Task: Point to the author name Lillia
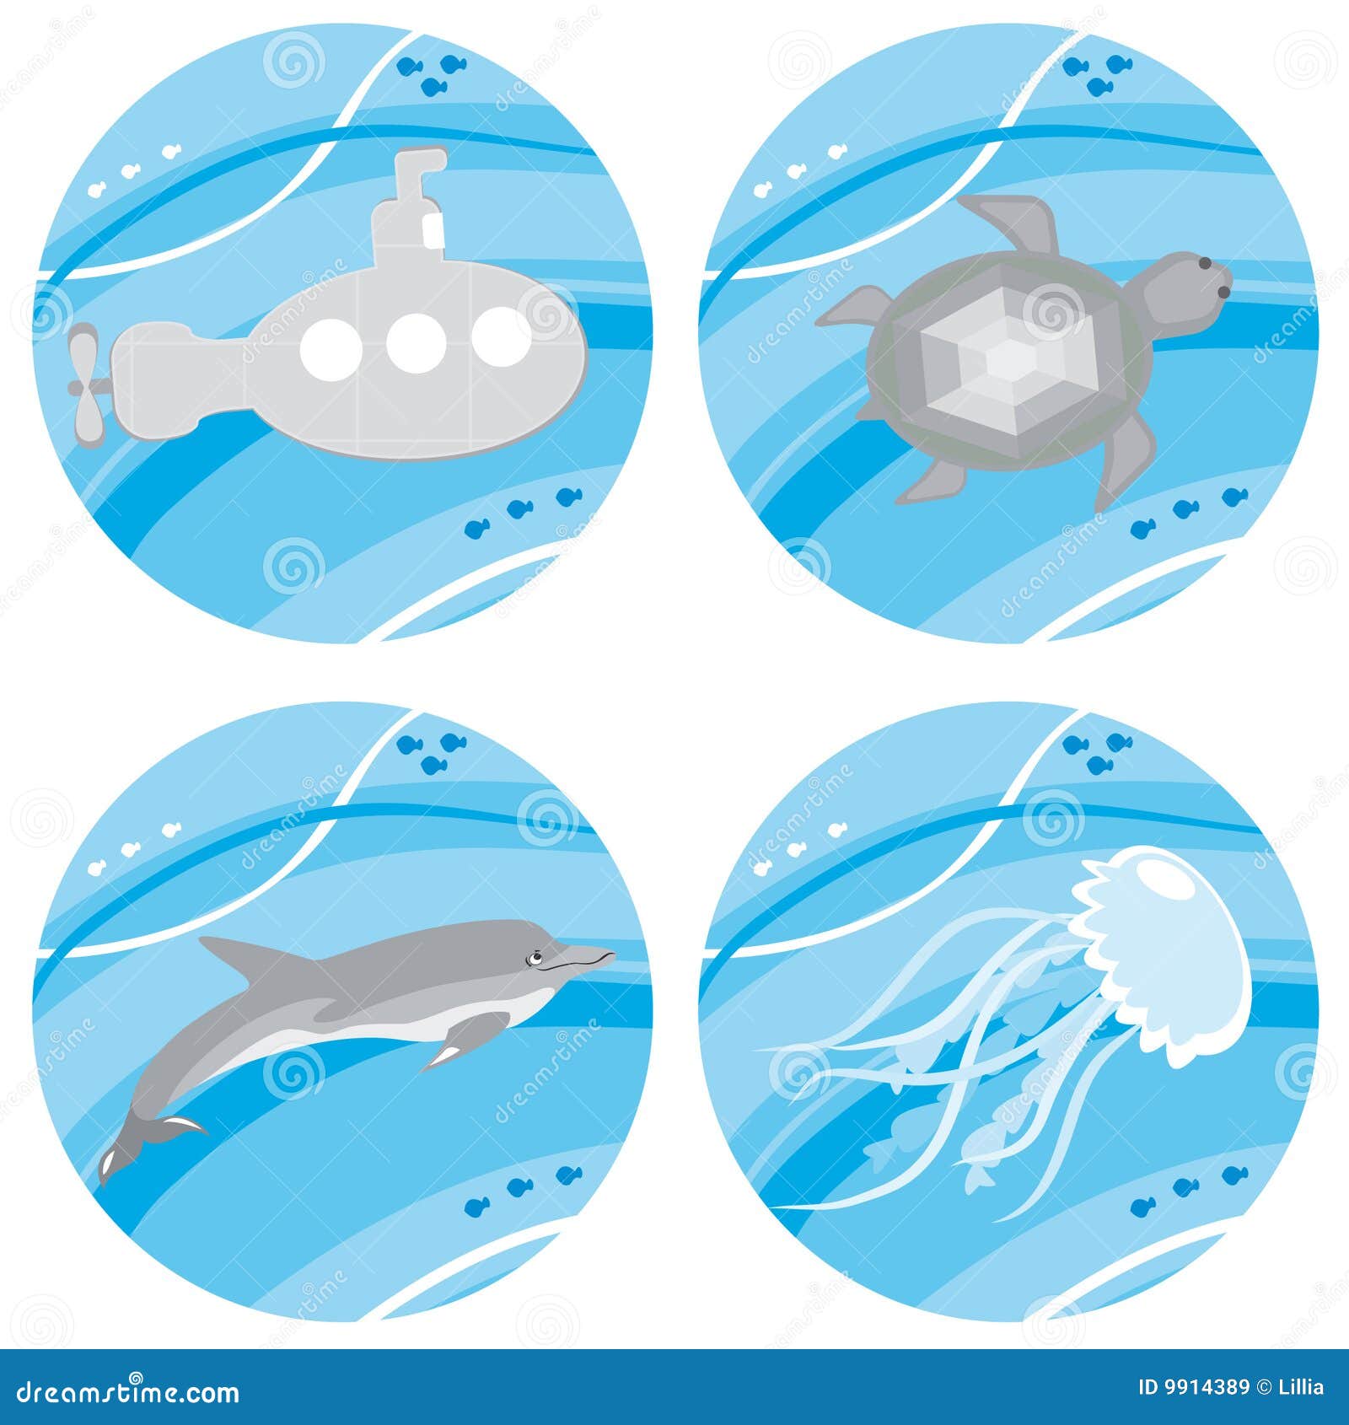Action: point(1302,1387)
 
